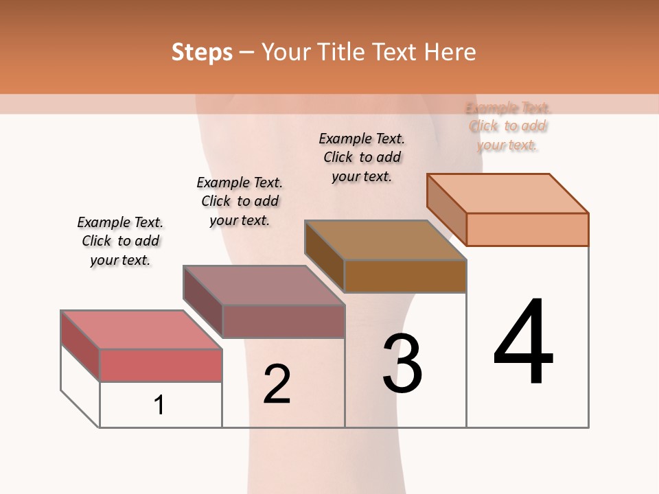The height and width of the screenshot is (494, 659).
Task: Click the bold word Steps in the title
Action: tap(202, 52)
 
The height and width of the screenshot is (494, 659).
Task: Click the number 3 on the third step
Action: tap(402, 364)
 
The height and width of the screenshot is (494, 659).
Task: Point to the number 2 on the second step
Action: tap(277, 384)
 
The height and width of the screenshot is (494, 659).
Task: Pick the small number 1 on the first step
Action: tap(159, 405)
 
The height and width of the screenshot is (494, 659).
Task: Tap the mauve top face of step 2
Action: tap(263, 285)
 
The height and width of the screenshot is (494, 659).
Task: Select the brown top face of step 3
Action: tap(384, 240)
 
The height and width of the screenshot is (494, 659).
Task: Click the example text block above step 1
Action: tap(120, 241)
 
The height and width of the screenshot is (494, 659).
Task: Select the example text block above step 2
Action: tap(240, 201)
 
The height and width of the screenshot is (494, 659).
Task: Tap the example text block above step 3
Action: tap(362, 157)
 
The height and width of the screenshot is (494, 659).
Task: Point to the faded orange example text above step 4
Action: tap(507, 126)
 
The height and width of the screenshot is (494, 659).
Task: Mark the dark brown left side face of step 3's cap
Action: tap(324, 256)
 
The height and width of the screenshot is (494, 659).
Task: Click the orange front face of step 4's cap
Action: tap(527, 229)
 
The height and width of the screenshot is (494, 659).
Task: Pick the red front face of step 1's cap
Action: tap(161, 365)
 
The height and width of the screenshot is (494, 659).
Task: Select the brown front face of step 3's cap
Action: tap(405, 276)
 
